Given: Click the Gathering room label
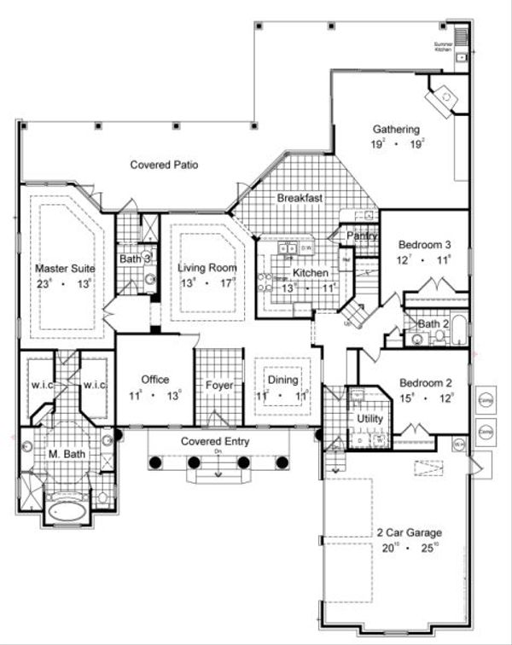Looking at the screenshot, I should tap(395, 130).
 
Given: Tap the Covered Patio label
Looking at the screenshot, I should tap(164, 164).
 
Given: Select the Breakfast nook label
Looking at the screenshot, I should tap(299, 198).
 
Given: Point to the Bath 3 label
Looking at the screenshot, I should tap(135, 258).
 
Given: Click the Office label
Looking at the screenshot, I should tap(155, 380).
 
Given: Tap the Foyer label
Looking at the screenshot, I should tap(220, 385).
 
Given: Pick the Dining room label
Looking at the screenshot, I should tap(282, 381).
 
